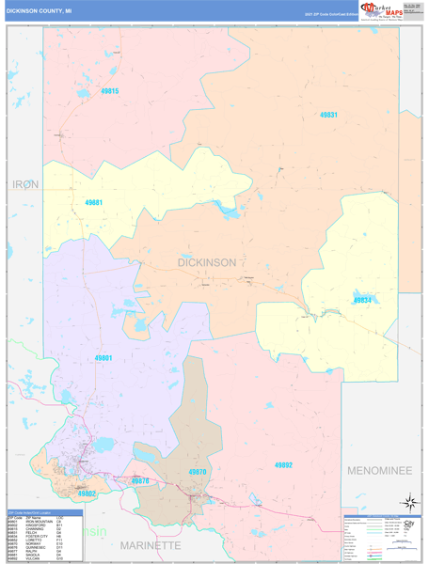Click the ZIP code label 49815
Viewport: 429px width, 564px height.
pos(109,91)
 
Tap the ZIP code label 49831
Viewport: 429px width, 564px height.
pos(328,114)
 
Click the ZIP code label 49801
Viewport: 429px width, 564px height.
pos(103,358)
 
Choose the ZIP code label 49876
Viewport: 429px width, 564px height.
pos(139,480)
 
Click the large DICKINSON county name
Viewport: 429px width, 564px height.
pos(207,262)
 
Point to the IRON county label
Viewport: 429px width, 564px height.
pos(25,184)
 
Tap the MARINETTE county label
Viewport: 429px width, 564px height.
pos(149,545)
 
